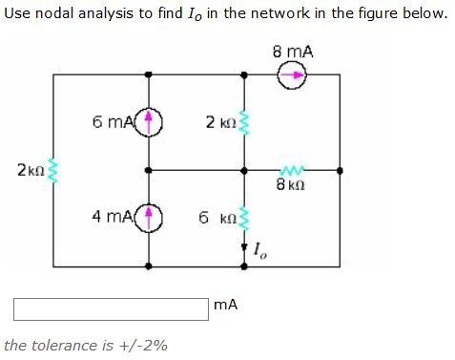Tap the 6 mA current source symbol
(149, 122)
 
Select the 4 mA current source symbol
(149, 216)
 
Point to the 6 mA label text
(114, 122)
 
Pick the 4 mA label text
(113, 216)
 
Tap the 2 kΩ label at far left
(29, 170)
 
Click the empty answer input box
(111, 307)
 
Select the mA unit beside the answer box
(226, 306)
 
